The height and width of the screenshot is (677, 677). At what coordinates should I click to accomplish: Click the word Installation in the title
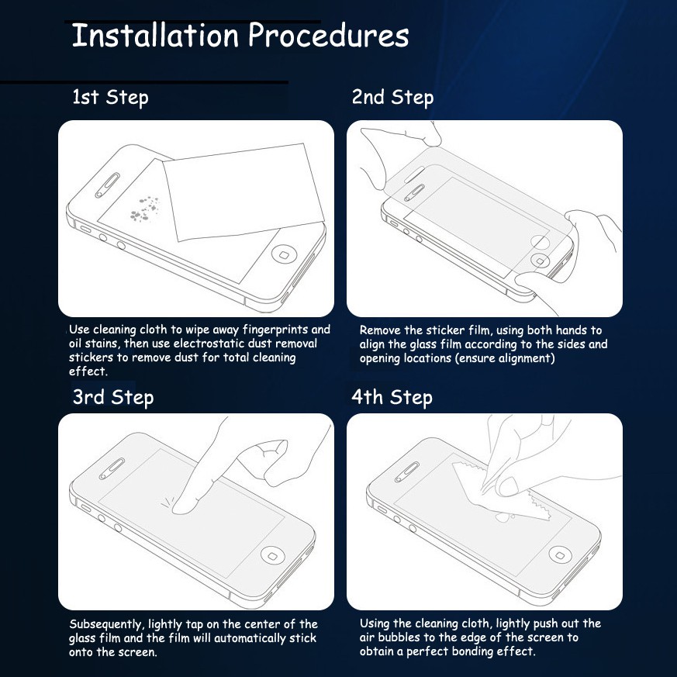click(155, 35)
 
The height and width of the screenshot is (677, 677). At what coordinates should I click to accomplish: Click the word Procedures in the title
click(329, 35)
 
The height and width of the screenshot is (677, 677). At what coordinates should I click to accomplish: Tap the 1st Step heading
click(110, 98)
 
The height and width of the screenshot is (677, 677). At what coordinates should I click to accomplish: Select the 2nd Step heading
click(392, 98)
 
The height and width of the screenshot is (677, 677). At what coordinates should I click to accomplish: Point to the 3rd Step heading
click(113, 398)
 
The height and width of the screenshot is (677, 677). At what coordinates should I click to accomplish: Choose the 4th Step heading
click(392, 398)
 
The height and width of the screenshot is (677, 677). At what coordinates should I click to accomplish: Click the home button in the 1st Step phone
click(284, 254)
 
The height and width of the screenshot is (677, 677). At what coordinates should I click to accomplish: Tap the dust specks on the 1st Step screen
click(145, 208)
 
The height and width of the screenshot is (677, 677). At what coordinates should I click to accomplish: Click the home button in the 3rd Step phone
click(273, 556)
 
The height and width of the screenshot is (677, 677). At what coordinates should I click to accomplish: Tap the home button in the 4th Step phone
click(561, 554)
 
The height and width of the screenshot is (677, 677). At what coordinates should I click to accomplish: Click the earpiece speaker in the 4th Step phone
click(407, 472)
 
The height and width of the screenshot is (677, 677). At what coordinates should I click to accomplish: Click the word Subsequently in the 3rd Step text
click(107, 625)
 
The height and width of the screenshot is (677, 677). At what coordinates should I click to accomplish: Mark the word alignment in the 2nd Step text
click(528, 358)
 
